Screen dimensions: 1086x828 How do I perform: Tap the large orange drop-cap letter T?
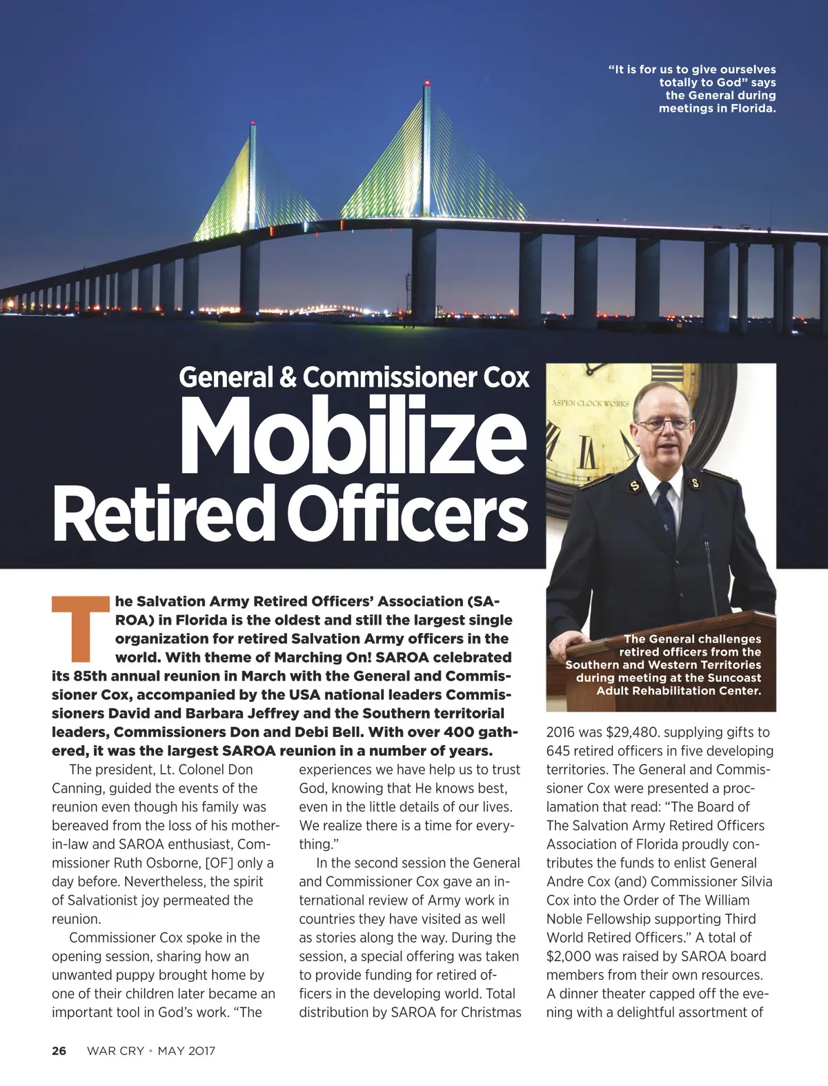(81, 625)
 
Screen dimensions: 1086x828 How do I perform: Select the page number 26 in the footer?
(59, 1051)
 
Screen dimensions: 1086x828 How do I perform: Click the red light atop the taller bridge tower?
(427, 83)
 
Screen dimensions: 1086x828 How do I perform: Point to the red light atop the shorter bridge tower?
(253, 125)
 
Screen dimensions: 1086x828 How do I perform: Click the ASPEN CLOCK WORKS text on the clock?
(591, 403)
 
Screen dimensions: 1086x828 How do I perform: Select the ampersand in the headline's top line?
(284, 377)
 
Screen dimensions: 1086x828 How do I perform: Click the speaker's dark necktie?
(666, 510)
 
